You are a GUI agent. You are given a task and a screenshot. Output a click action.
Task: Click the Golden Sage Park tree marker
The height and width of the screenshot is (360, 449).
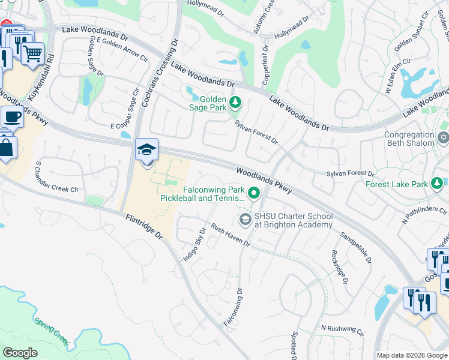235,102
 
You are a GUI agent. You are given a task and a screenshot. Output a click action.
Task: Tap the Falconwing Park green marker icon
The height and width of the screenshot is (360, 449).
254,193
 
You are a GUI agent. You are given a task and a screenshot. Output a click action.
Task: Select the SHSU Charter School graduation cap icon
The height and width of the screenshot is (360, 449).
245,220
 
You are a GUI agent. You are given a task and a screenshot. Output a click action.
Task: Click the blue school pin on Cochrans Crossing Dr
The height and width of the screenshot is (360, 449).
146,150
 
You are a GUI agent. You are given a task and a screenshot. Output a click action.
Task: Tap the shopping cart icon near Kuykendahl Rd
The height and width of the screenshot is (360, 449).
32,53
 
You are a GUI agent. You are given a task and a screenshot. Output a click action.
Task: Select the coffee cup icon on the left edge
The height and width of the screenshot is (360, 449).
11,118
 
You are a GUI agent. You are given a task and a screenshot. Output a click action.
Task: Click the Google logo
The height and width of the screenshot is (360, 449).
20,353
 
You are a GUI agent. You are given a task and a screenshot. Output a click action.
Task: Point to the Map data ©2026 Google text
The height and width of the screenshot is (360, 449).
412,355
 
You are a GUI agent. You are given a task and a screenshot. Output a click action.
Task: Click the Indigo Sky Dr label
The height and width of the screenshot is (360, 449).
194,243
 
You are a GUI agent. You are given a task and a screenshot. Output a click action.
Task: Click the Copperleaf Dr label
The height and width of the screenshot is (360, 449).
265,65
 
